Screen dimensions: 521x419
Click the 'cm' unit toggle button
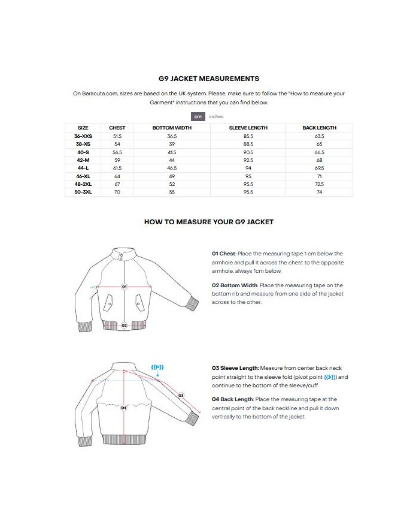[x=198, y=116]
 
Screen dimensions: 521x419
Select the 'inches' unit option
[x=216, y=116]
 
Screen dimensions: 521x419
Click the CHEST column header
[x=117, y=128]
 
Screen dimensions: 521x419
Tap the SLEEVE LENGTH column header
[x=248, y=128]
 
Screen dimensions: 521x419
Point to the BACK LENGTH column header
[x=319, y=128]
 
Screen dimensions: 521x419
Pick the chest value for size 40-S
[x=117, y=152]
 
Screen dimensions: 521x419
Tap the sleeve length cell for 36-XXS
[x=248, y=137]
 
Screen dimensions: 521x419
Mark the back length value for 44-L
[x=319, y=168]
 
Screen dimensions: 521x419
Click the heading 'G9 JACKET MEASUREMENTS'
[x=209, y=79]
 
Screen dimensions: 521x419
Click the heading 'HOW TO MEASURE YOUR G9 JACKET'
[x=209, y=222]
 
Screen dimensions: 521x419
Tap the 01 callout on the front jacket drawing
[x=125, y=287]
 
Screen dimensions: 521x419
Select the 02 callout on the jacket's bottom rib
[x=125, y=325]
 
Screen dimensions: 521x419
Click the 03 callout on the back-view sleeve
[x=181, y=395]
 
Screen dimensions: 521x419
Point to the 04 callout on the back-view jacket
[x=124, y=408]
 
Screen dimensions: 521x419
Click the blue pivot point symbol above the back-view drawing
[x=157, y=367]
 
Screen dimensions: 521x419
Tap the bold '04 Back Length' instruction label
[x=232, y=399]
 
